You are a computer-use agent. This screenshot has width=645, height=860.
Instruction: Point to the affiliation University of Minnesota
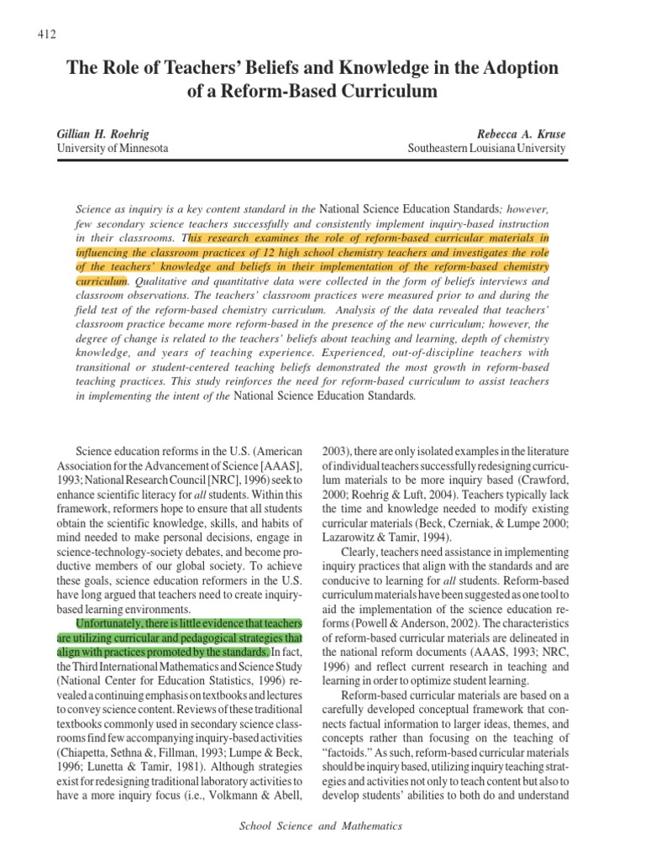(112, 148)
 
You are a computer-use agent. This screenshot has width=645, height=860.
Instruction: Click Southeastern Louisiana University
(486, 148)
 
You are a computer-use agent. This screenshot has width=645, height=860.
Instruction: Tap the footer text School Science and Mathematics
(322, 826)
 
